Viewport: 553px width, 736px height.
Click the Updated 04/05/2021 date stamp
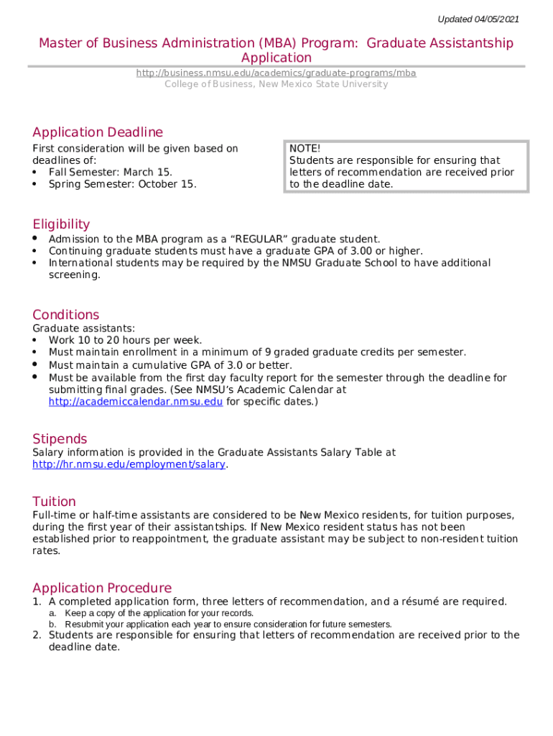tap(478, 19)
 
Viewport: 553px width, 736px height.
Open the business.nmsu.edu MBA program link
tap(276, 73)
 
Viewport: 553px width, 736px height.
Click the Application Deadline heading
tap(98, 132)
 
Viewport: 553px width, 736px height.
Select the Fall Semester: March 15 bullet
tap(110, 172)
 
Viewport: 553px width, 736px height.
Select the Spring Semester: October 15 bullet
tap(122, 184)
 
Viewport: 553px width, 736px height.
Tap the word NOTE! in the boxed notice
tap(305, 148)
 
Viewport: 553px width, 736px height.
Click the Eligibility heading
tap(61, 224)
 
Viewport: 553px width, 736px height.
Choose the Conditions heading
tap(66, 315)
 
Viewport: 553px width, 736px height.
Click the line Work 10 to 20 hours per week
tap(125, 340)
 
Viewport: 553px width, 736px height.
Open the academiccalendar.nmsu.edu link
tap(135, 401)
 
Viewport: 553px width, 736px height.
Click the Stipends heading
tap(60, 438)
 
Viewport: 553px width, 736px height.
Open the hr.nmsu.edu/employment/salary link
tap(129, 464)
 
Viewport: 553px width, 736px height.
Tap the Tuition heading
tap(54, 501)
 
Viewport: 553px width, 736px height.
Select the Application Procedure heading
tap(102, 588)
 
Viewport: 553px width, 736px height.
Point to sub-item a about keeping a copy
tap(158, 613)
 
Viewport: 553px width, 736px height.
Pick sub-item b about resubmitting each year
tap(228, 624)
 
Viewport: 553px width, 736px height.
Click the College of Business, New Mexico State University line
tap(276, 84)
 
